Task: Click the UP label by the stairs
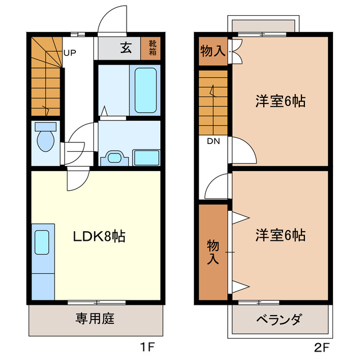point(70,54)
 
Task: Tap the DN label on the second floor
point(213,141)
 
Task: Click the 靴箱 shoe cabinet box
point(152,48)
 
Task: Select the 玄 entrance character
point(125,48)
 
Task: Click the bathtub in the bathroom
point(145,90)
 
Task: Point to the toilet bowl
point(44,137)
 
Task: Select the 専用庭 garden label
point(95,319)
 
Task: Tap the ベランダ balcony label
point(279,321)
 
